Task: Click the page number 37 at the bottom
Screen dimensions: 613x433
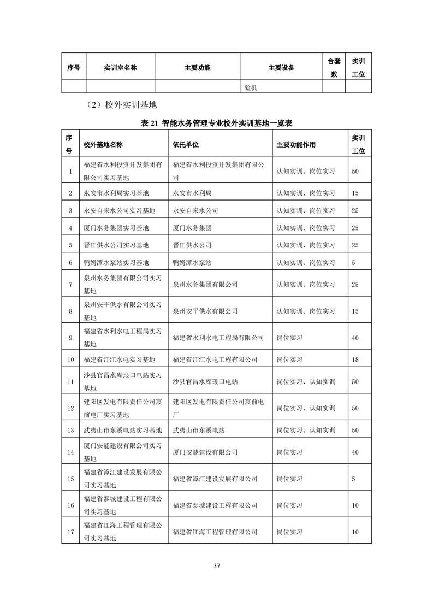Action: (217, 565)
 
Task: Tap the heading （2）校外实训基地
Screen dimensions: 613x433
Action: (118, 104)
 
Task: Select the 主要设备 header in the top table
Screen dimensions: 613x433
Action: (281, 68)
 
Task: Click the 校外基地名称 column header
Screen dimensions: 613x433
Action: (103, 145)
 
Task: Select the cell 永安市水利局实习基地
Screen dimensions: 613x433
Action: (116, 193)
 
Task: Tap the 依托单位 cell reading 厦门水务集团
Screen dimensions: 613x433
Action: (192, 228)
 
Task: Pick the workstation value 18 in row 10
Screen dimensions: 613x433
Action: (355, 359)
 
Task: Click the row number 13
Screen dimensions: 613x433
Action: (70, 430)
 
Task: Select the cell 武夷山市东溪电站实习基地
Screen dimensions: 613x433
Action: (123, 430)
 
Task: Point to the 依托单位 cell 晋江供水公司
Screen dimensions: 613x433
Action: (192, 245)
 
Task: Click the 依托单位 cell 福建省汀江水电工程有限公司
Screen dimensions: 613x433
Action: (215, 359)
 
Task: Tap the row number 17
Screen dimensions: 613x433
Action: (70, 532)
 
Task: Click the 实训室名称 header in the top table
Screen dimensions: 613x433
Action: (120, 68)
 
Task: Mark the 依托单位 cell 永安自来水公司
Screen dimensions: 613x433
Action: (195, 210)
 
